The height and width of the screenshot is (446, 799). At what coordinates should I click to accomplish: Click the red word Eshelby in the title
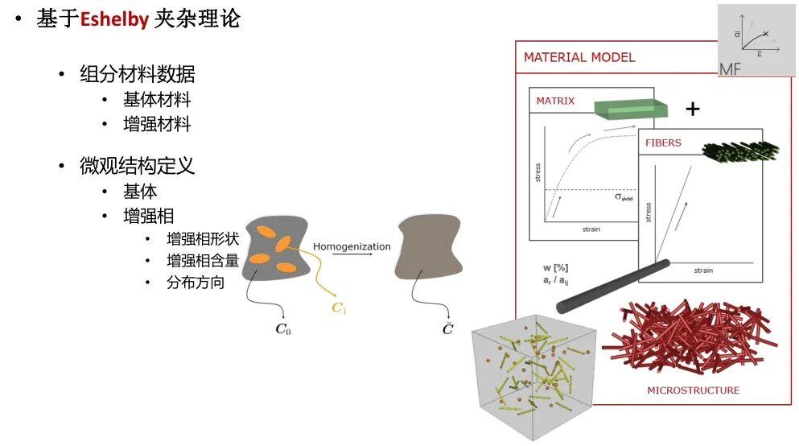click(x=114, y=19)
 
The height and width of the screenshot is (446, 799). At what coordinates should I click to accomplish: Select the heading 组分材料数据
click(x=137, y=74)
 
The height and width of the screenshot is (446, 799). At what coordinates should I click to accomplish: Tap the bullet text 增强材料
click(x=157, y=124)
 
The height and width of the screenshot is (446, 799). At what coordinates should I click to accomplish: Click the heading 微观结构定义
click(x=137, y=166)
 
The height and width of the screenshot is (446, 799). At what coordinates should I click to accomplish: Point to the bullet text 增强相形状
click(x=203, y=238)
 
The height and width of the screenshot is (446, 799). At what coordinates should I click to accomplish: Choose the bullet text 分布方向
click(x=196, y=282)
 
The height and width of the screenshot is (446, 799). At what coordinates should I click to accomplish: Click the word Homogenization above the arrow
click(x=352, y=246)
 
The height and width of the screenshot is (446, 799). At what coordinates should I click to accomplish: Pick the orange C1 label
click(x=340, y=308)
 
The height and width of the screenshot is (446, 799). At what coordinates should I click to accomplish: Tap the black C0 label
click(x=282, y=328)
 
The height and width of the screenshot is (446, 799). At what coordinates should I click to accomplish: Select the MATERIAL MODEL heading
click(x=579, y=57)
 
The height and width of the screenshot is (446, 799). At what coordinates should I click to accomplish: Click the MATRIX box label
click(x=555, y=101)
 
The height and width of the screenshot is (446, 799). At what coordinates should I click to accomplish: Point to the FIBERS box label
click(x=663, y=142)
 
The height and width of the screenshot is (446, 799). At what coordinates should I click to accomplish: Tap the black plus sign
click(x=693, y=109)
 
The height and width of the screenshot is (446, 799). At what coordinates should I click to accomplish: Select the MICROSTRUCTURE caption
click(x=693, y=390)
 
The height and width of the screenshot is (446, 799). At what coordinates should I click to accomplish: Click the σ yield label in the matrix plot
click(x=624, y=196)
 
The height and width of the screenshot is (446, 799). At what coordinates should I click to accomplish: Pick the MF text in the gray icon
click(x=730, y=68)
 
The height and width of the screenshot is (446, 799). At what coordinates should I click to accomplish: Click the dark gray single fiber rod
click(x=613, y=287)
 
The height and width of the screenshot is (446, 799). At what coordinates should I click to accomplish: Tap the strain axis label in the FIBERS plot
click(x=703, y=270)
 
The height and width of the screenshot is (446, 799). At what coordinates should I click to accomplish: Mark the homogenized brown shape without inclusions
click(x=429, y=246)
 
